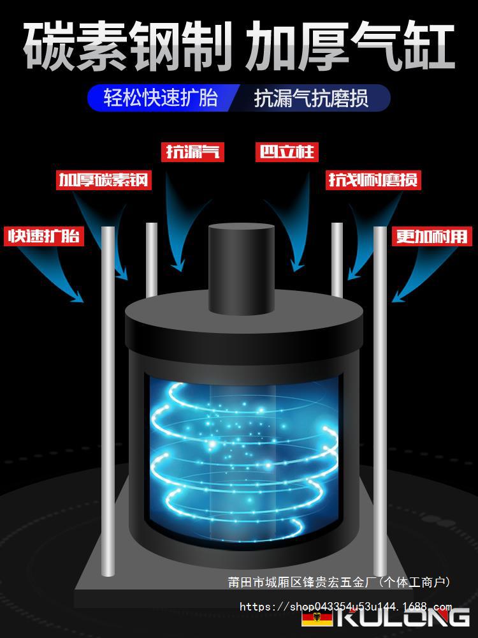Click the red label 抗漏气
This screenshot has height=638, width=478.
point(192,152)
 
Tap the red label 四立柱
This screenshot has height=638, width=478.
point(286,152)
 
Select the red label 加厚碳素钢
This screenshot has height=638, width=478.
point(103,180)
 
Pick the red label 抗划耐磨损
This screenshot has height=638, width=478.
point(374,180)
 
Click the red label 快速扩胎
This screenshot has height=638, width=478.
point(44,236)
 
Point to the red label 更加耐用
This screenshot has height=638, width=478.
point(431,236)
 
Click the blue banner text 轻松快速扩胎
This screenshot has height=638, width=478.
point(161,98)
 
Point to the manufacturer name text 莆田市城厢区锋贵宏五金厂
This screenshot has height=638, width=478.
point(303,582)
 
